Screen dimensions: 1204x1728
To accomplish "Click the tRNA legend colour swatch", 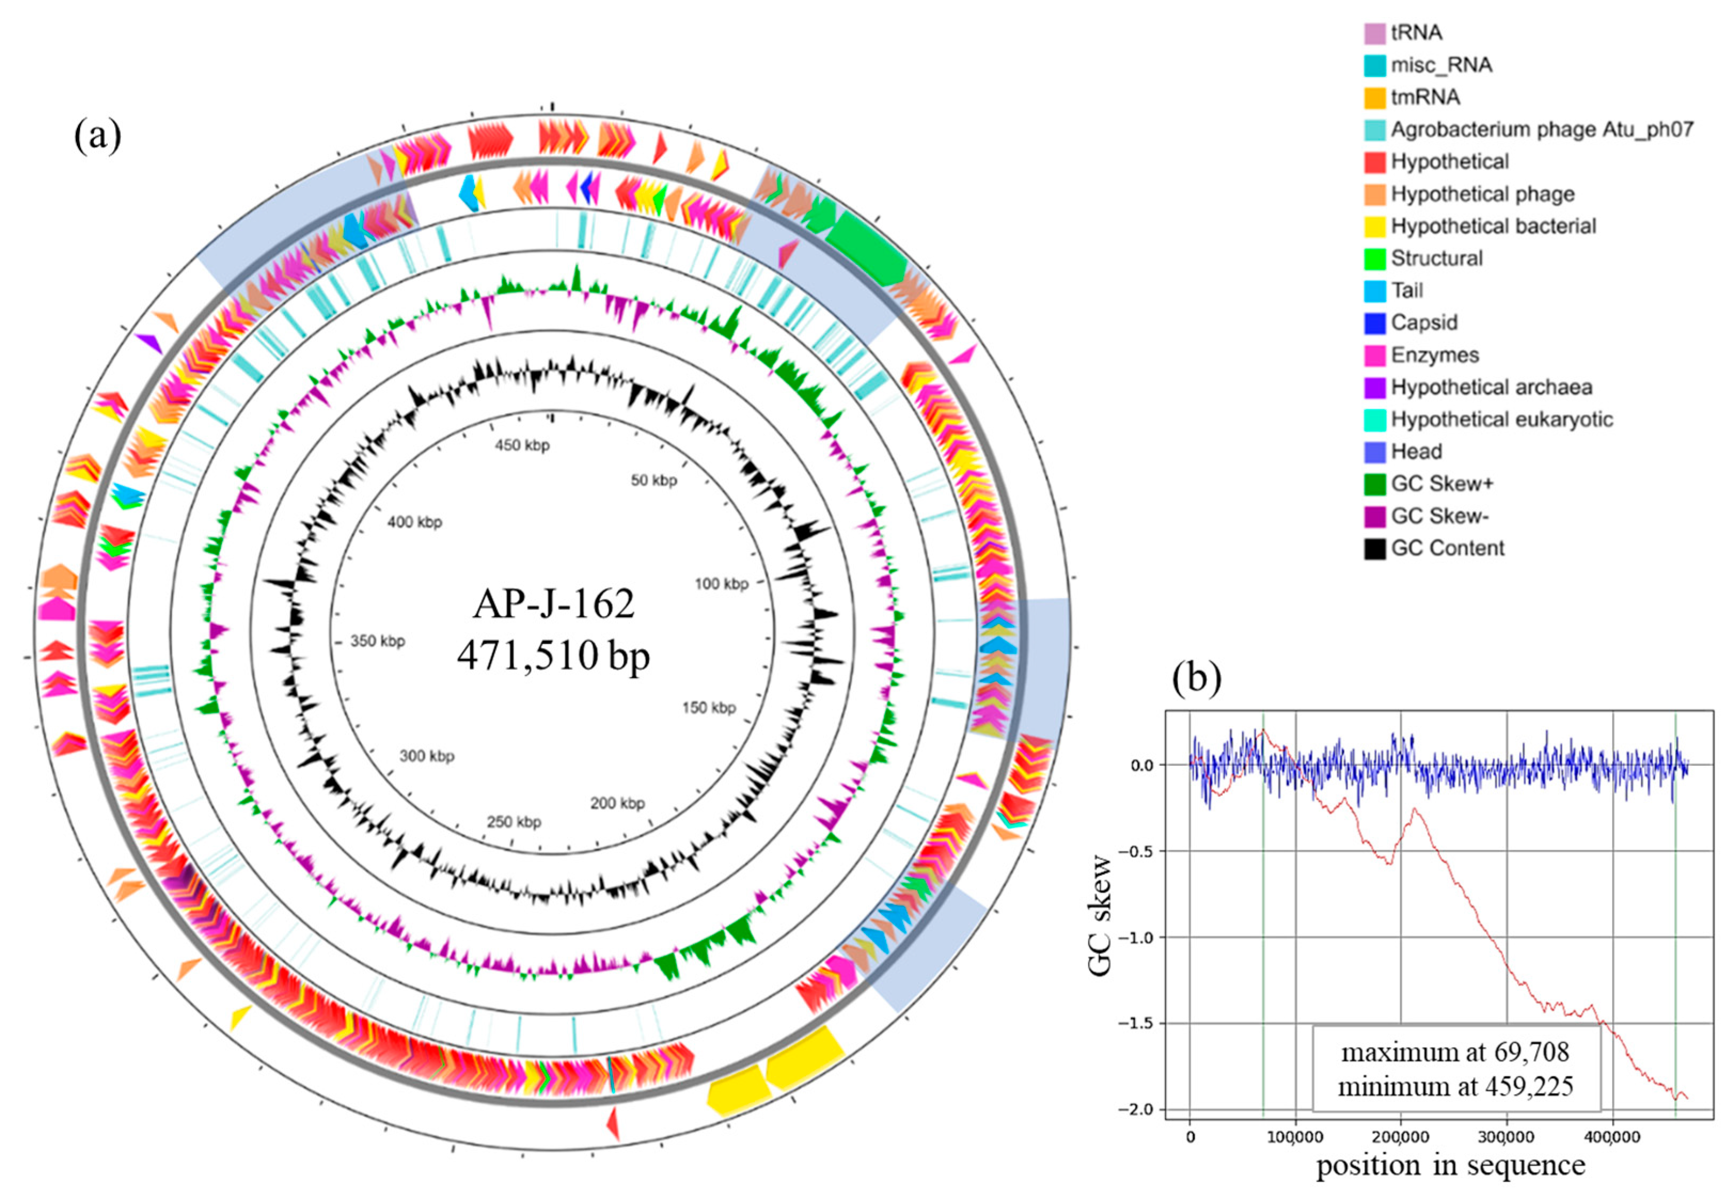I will (1374, 33).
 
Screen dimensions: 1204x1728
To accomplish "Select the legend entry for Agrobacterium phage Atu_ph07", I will (1541, 130).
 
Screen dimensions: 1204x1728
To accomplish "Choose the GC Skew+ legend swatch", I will (1374, 484).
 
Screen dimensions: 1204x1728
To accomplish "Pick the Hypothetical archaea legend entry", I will (1491, 387).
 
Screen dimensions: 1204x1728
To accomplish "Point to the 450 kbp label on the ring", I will (522, 446).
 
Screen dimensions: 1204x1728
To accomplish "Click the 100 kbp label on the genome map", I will (721, 583).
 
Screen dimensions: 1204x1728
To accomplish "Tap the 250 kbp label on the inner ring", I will (514, 822).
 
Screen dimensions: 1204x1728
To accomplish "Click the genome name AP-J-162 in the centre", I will (554, 604).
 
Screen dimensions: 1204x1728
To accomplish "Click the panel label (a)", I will (98, 136).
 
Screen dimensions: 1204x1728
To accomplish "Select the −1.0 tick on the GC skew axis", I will (1137, 937).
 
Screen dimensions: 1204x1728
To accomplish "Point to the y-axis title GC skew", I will (1100, 915).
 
